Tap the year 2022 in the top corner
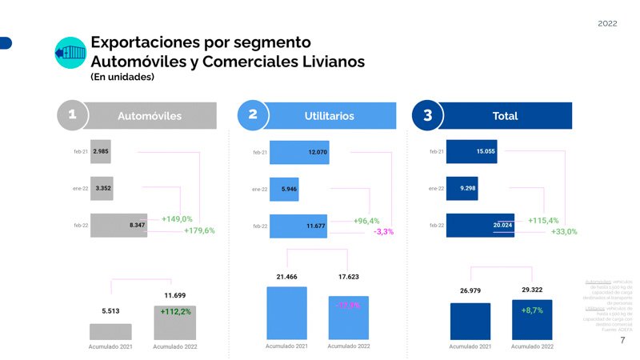pyautogui.click(x=607, y=24)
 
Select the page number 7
pyautogui.click(x=622, y=341)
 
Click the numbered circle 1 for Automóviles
pyautogui.click(x=72, y=115)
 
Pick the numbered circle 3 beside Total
pyautogui.click(x=427, y=115)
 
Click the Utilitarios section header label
pyautogui.click(x=329, y=116)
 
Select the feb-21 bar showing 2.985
pyautogui.click(x=100, y=151)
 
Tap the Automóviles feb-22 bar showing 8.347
pyautogui.click(x=118, y=226)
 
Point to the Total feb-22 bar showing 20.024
pyautogui.click(x=480, y=226)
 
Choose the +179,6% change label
pyautogui.click(x=199, y=231)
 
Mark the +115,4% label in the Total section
pyautogui.click(x=543, y=220)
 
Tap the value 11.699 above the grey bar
pyautogui.click(x=174, y=295)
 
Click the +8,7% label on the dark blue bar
pyautogui.click(x=533, y=309)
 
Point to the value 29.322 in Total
pyautogui.click(x=533, y=289)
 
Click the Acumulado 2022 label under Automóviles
pyautogui.click(x=174, y=346)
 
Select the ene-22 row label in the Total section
pyautogui.click(x=436, y=189)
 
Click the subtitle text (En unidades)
pyautogui.click(x=122, y=77)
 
